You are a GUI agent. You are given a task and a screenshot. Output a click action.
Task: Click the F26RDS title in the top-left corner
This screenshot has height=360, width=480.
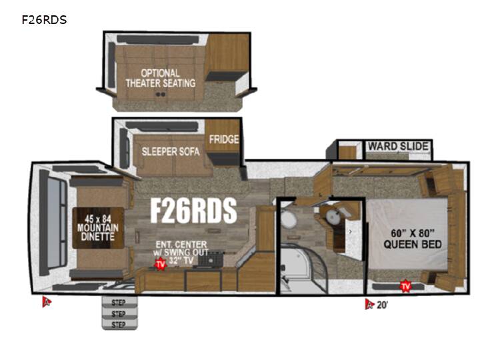pos(44,20)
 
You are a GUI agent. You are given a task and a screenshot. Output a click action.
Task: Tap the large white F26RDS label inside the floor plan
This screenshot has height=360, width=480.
pos(193,210)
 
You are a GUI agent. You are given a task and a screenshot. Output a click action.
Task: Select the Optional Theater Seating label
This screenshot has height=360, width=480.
pos(161,78)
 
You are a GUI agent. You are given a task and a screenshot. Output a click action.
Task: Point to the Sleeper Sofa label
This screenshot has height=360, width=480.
pos(171,151)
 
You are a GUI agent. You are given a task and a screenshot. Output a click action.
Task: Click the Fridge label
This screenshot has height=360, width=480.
pos(224,139)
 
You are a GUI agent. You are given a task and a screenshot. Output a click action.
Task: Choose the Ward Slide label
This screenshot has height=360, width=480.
pos(398,146)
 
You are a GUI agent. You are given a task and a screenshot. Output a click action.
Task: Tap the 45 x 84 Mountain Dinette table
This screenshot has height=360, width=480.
pos(98,228)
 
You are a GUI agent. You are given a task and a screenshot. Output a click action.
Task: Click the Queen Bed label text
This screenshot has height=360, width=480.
pos(413,239)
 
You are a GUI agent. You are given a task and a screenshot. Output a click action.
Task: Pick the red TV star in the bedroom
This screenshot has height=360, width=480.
pos(405,286)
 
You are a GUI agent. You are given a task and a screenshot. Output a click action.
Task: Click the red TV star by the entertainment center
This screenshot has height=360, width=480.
pos(161,264)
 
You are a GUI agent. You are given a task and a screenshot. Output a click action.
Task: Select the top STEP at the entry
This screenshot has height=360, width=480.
pos(119,303)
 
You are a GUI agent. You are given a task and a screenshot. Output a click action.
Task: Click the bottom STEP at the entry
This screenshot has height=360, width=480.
pos(119,325)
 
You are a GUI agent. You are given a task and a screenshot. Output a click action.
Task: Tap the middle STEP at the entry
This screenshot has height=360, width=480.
pos(119,313)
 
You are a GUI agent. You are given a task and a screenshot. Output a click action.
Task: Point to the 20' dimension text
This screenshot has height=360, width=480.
pos(382,305)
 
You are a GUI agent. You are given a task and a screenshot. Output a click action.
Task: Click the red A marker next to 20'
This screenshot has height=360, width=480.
pos(369,304)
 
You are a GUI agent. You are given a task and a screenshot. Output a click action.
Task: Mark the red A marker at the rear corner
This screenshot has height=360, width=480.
pos(47,301)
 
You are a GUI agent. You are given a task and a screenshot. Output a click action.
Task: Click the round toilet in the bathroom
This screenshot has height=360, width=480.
pos(288,219)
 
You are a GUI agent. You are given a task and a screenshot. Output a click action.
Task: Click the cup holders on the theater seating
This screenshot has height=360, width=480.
pos(161,94)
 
